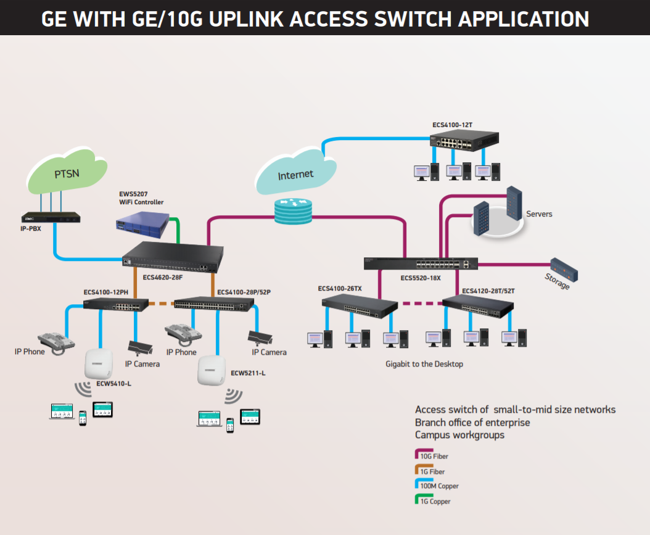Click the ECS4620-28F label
click(163, 278)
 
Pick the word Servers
click(539, 214)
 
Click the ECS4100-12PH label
click(105, 292)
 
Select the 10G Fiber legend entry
click(433, 456)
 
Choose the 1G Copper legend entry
click(435, 501)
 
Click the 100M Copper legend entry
click(438, 486)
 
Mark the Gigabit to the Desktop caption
click(424, 364)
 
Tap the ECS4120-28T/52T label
click(488, 290)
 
